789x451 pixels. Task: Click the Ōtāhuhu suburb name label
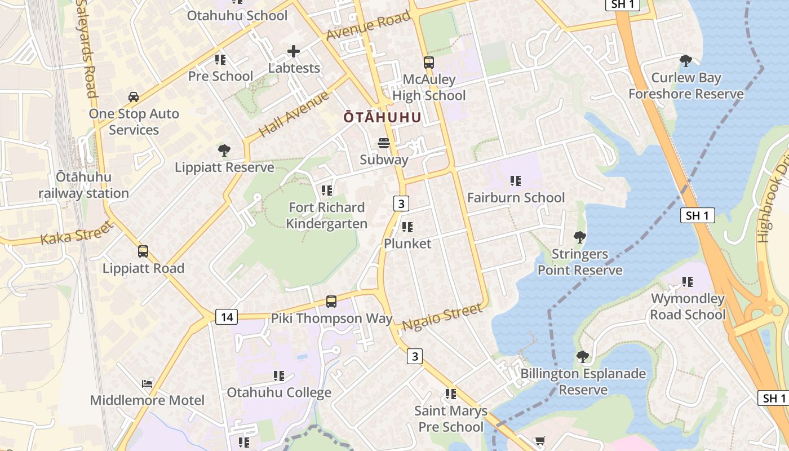coord(383,117)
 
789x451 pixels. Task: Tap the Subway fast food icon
coord(384,143)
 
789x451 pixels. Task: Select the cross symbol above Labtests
coord(294,52)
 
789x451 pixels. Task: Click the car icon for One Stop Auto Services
coord(134,97)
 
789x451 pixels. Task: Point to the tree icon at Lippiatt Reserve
coord(224,151)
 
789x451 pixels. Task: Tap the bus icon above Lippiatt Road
coord(143,251)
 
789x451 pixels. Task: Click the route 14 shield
coord(227,317)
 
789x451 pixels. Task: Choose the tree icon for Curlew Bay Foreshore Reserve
coord(686,61)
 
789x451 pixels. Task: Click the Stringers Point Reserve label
coord(580,262)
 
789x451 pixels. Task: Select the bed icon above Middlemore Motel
coord(147,384)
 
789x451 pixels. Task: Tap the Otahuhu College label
coord(279,392)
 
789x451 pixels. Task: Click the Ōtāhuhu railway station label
coord(83,185)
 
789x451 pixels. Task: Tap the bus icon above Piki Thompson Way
coord(331,302)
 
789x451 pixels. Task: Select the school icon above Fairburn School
coord(516,181)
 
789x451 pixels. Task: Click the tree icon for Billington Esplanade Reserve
coord(583,357)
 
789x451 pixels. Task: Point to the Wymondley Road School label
coord(688,306)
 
